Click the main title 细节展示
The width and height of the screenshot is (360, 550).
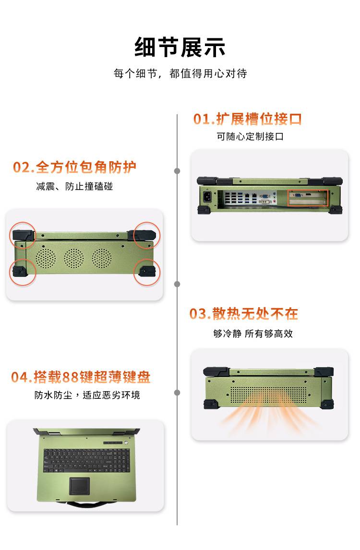click(x=180, y=48)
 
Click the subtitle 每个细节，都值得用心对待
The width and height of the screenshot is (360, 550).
click(x=180, y=73)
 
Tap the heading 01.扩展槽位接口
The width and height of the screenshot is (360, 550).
click(x=247, y=119)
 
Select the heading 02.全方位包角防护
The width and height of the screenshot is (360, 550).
click(x=74, y=167)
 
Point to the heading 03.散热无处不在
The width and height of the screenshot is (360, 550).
click(x=244, y=313)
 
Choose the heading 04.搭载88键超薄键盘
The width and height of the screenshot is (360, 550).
click(x=81, y=377)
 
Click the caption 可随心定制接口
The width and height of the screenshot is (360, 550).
click(x=250, y=136)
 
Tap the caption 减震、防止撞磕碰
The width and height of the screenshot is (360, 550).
click(x=74, y=186)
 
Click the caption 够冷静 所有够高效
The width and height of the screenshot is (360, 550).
click(x=253, y=334)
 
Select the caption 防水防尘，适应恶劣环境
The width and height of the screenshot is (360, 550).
click(x=87, y=395)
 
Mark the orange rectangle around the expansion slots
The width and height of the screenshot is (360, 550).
click(x=308, y=198)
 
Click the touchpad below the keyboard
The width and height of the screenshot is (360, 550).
click(x=80, y=486)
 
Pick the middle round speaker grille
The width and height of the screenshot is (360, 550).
click(x=74, y=258)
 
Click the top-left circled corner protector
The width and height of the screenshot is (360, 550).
click(x=23, y=235)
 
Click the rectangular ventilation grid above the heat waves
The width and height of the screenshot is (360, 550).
click(x=268, y=395)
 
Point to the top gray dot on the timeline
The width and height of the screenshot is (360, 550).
click(x=177, y=171)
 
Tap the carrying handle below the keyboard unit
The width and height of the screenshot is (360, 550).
click(x=86, y=505)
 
